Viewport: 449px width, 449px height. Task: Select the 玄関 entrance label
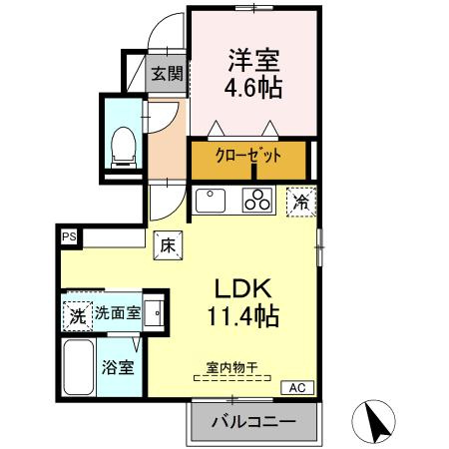point(168,72)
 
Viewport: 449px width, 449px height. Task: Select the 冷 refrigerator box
point(302,200)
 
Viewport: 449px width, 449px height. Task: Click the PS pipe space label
point(69,236)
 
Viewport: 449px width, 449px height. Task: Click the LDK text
point(241,288)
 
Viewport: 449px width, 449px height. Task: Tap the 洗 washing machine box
point(77,314)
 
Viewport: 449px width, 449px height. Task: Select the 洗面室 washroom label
point(117,313)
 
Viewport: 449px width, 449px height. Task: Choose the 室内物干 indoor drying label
point(232,367)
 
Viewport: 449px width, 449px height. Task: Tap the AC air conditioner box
point(296,387)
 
